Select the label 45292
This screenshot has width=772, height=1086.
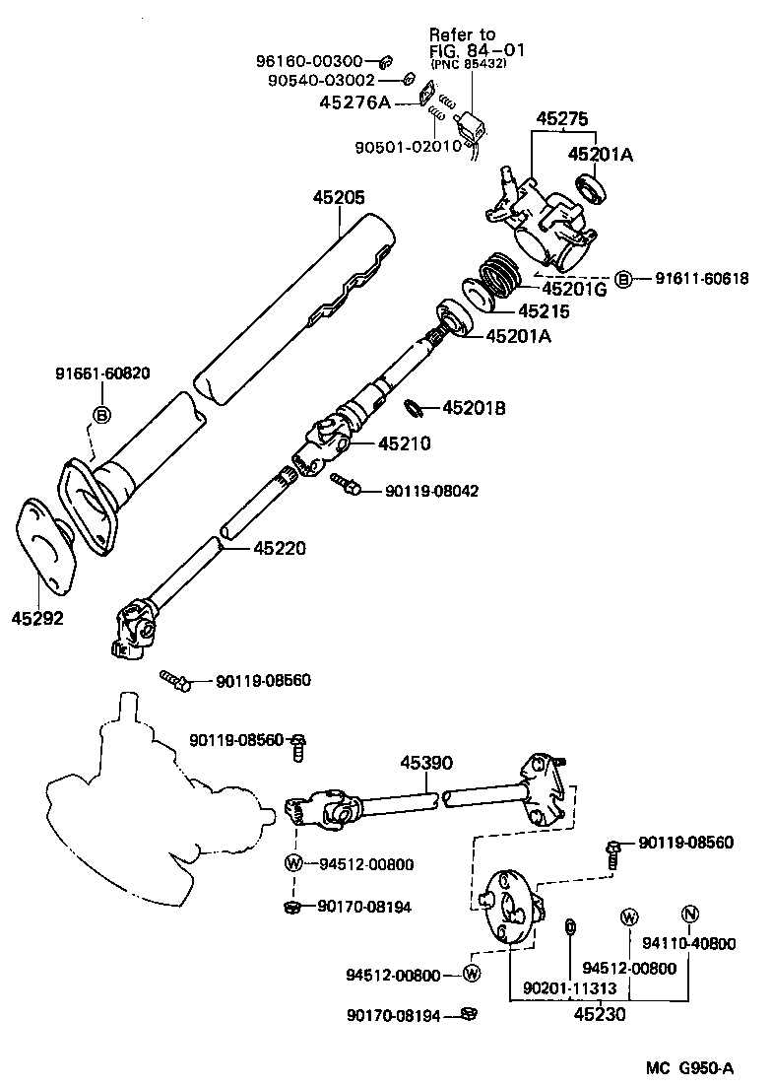tap(37, 618)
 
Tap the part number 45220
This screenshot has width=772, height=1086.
tap(280, 548)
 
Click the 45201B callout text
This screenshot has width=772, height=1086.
tap(473, 407)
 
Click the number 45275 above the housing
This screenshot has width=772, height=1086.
tap(562, 119)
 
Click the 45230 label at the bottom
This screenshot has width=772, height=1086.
tap(598, 1012)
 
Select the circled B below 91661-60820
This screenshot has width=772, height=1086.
tap(102, 415)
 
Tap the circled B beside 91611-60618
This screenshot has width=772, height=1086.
tap(623, 278)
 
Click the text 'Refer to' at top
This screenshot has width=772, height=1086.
tap(462, 34)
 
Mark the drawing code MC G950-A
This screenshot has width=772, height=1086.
tap(689, 1068)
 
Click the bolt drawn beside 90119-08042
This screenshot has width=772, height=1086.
tap(345, 483)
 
